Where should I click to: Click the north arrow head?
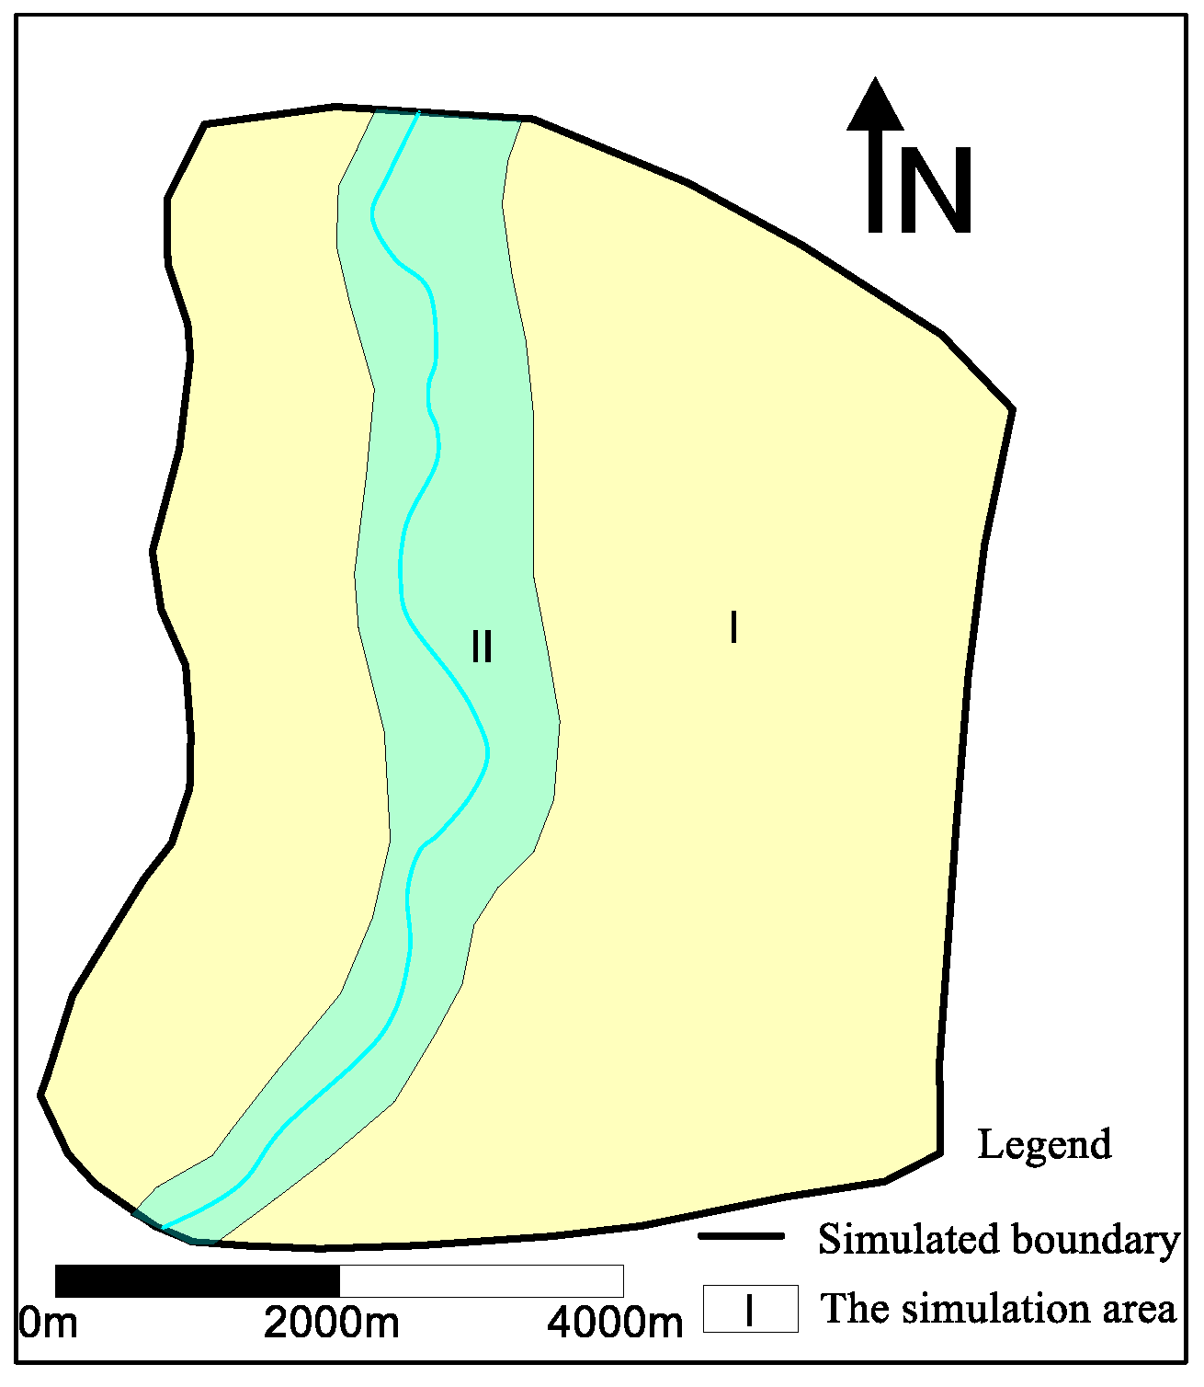pos(875,104)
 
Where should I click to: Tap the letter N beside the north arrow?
pos(935,191)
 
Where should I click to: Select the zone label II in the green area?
pos(482,647)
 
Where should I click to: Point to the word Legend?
pos(1044,1145)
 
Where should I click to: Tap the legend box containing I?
pos(750,1309)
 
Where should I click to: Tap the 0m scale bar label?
pos(48,1324)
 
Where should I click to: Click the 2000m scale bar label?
pos(332,1324)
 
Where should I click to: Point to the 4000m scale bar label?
pos(615,1324)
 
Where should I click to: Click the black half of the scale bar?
pos(198,1280)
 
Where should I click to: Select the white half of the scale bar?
pos(481,1280)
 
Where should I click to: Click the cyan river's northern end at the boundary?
pos(417,113)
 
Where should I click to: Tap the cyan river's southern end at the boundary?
pos(163,1227)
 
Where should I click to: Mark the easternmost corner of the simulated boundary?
pos(1012,409)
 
